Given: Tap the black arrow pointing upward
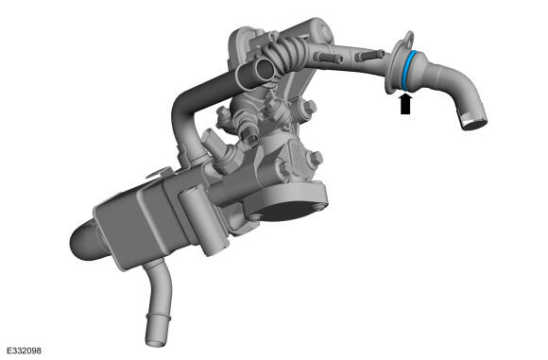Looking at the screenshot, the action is click(x=405, y=104).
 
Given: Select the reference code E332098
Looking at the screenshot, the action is click(x=24, y=351).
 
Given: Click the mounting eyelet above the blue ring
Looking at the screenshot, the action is click(x=409, y=37).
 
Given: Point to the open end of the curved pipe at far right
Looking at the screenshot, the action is click(x=474, y=122).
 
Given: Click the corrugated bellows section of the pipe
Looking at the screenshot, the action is click(x=286, y=53).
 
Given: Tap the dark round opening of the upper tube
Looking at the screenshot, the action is click(x=263, y=70).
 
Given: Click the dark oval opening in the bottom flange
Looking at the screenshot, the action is click(x=284, y=210).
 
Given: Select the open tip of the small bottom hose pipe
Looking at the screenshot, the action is click(x=155, y=341).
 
